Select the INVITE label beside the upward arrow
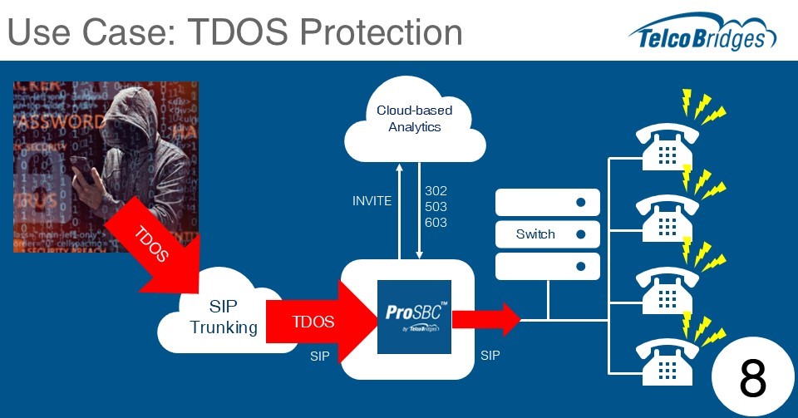pos(372,201)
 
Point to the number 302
pos(436,190)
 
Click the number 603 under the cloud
pos(436,222)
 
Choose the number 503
pos(436,206)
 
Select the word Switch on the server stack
pos(535,234)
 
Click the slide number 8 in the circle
pos(752,379)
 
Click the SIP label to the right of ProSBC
pos(490,356)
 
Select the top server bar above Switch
pos(548,202)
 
